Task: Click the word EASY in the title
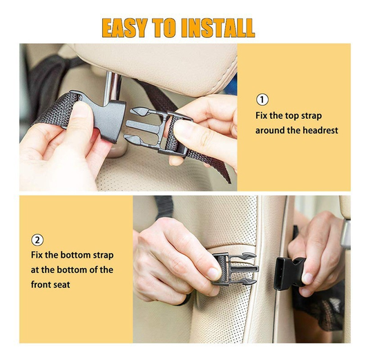point(124,28)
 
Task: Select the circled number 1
point(262,100)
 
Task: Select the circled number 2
point(37,240)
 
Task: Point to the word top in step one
point(292,116)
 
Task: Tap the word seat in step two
point(63,285)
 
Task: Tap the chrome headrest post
point(113,88)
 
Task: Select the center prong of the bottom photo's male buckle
point(244,269)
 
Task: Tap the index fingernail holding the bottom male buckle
point(213,274)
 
